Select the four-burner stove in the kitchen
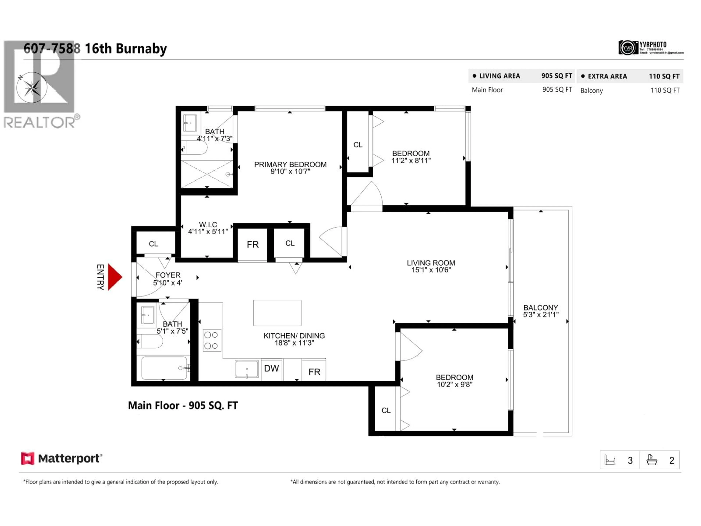(212, 340)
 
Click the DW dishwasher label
(271, 368)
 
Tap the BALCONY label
(541, 308)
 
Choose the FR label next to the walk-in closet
(253, 244)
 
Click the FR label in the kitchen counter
(314, 372)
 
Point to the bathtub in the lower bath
(164, 368)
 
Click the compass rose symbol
(32, 87)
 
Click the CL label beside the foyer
(153, 244)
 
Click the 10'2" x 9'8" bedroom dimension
(454, 385)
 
